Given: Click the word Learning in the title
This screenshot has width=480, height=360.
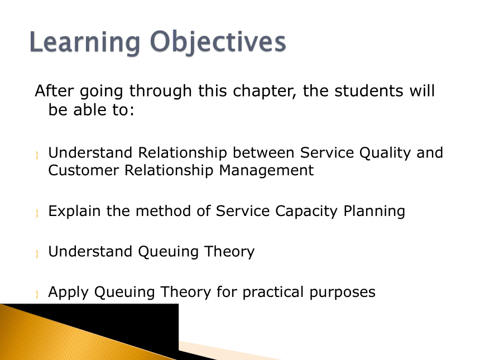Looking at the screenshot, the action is (85, 42).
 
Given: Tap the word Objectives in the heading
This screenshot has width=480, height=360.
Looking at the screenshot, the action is (218, 42).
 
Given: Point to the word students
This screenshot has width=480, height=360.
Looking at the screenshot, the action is (369, 91).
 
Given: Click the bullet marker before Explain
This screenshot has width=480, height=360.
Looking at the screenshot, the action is (37, 213).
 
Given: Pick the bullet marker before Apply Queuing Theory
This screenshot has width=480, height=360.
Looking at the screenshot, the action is (37, 294).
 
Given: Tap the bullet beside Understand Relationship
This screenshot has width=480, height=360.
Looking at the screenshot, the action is (37, 155).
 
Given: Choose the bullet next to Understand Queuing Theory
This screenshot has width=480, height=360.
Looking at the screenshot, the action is (37, 254).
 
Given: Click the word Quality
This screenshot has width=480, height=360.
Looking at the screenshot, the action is (385, 153).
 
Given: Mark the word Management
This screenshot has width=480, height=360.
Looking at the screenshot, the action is (266, 171).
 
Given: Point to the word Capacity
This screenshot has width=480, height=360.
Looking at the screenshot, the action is (306, 212).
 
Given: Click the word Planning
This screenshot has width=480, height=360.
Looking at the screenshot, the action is (374, 212).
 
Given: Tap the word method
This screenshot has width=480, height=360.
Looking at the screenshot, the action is (163, 211).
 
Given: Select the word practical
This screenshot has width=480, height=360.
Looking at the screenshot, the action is (273, 292).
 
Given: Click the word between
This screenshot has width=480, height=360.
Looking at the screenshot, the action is (263, 152).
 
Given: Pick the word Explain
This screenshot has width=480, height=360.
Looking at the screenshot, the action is (74, 212).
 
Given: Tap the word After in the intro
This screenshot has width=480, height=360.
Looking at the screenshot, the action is (54, 90).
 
